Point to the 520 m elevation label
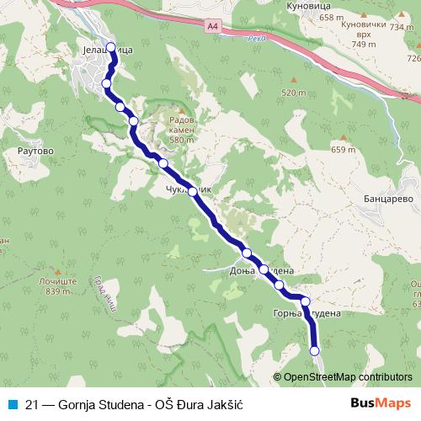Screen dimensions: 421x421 point(293,93)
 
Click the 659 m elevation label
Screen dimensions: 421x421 point(344,150)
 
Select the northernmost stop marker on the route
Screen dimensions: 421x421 point(112,47)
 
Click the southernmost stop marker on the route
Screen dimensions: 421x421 point(315,350)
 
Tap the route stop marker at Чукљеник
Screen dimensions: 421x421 point(194,192)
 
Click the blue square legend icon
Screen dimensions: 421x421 point(12,403)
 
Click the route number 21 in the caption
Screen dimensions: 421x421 point(32,403)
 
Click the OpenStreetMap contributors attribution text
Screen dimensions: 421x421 point(347,377)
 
